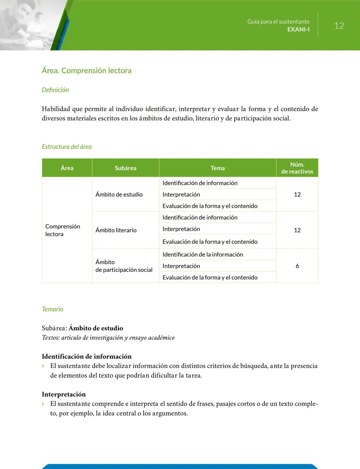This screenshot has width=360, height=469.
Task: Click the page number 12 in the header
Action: [x=339, y=26]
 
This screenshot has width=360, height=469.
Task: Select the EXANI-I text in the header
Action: [x=298, y=29]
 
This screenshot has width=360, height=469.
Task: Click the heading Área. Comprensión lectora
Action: [x=87, y=70]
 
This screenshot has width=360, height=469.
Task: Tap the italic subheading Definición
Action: [x=55, y=90]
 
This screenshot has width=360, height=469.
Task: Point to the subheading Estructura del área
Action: [x=67, y=147]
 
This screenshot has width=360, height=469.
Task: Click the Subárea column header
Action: [x=125, y=168]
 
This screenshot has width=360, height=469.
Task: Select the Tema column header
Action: [x=218, y=168]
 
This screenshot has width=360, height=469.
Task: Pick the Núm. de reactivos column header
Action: [x=297, y=168]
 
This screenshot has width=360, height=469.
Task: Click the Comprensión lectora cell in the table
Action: [x=63, y=230]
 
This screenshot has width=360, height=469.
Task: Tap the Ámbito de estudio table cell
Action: [x=119, y=194]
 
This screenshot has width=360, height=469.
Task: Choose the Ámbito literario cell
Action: [x=116, y=230]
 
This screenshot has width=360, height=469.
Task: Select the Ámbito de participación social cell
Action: [x=124, y=266]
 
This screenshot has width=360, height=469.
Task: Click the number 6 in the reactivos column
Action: [x=297, y=266]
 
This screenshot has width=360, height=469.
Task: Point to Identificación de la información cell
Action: [x=203, y=255]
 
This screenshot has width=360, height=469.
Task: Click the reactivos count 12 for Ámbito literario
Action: [x=297, y=230]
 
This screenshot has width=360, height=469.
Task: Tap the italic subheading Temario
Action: [x=52, y=309]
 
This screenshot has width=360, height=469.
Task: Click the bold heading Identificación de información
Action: [x=87, y=356]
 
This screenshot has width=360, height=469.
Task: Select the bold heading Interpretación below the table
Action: [x=64, y=394]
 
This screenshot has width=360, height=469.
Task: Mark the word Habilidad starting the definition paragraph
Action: [x=56, y=109]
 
